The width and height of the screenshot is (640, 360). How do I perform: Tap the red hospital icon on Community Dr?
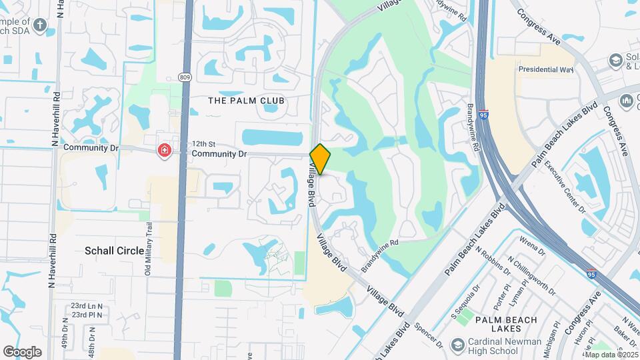click(164, 151)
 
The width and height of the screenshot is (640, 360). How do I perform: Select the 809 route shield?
click(185, 77)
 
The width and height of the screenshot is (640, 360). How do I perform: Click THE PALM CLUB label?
click(247, 101)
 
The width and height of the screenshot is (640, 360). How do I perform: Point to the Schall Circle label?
click(114, 251)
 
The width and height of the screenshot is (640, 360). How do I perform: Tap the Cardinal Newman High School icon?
click(457, 345)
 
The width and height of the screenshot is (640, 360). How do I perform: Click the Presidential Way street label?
click(547, 69)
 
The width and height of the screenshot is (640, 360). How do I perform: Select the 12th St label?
click(203, 143)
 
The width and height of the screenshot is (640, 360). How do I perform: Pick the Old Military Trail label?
click(149, 248)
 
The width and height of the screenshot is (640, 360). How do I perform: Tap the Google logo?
click(22, 352)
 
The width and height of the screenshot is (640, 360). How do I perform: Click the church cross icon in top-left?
click(40, 25)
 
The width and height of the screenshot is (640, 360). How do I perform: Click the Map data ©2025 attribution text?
click(610, 355)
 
